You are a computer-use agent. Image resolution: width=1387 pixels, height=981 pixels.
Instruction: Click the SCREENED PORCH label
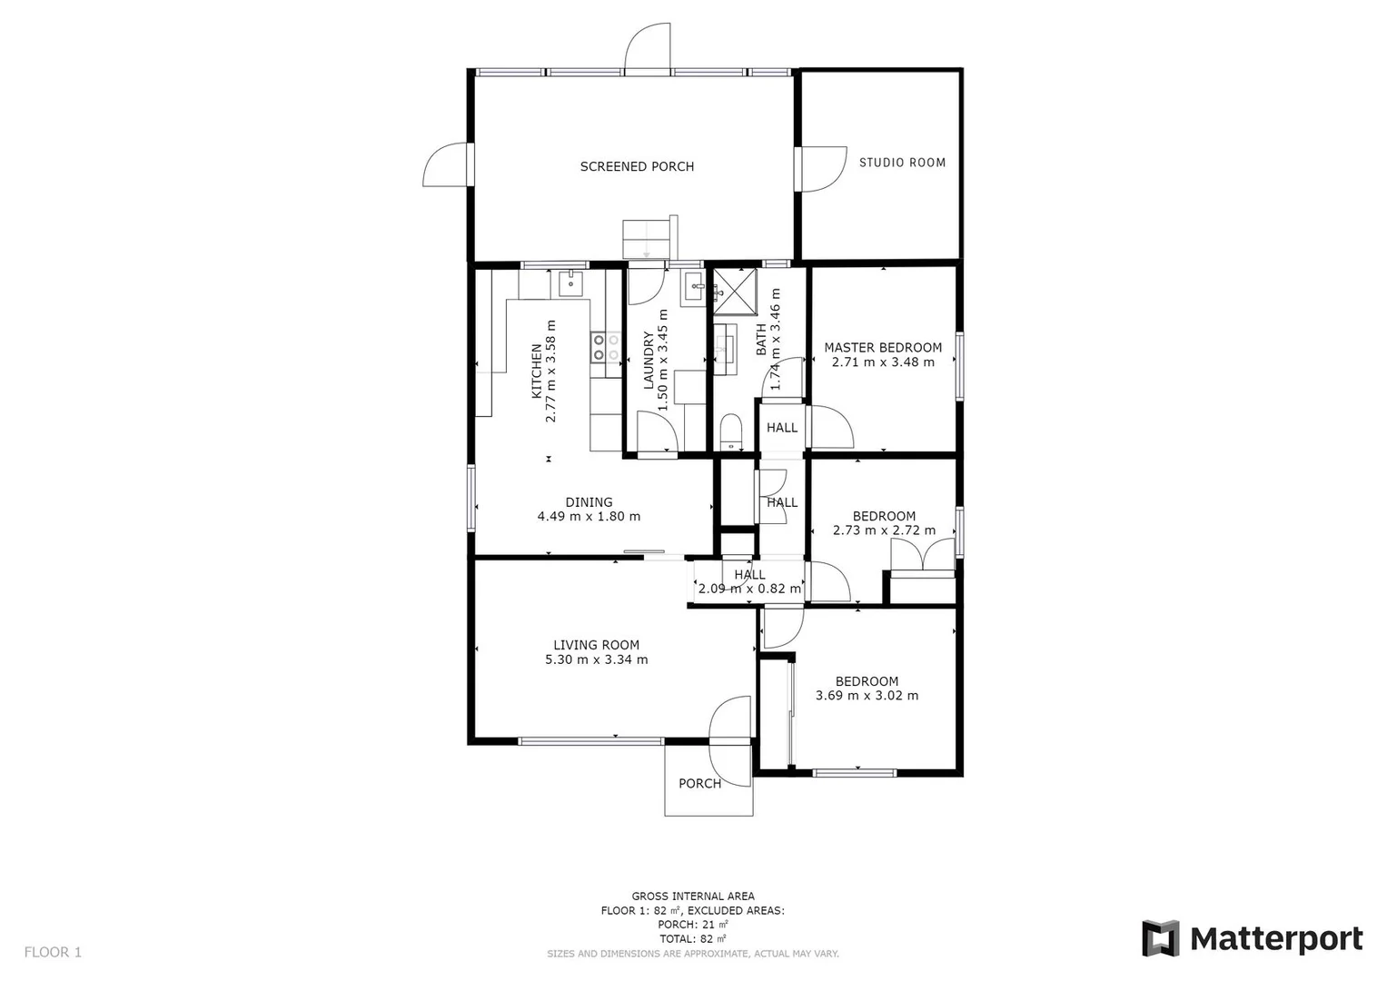point(637,166)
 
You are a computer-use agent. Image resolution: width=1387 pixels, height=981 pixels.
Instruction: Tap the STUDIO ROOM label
point(902,163)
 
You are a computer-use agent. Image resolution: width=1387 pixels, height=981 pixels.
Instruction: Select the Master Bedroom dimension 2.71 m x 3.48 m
point(883,362)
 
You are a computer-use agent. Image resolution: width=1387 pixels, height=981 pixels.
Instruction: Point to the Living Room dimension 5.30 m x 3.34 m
point(596,659)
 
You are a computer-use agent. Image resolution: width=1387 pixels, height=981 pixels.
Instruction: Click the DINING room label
point(589,502)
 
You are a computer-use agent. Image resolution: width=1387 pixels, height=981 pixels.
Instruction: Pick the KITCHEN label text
point(537,371)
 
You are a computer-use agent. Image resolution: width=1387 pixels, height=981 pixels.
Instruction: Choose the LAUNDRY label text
point(649,361)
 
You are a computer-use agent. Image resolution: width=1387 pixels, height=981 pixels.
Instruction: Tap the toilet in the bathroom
point(731,431)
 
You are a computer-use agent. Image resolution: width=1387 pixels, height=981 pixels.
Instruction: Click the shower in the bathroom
point(736,291)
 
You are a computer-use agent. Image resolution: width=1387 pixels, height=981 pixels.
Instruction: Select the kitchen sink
point(570,282)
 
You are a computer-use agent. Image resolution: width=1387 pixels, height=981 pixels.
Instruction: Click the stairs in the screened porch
point(646,239)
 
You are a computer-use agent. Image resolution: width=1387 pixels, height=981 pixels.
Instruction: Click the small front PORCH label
point(699,783)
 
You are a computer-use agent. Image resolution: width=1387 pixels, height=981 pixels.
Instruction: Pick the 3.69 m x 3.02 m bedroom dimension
point(867,696)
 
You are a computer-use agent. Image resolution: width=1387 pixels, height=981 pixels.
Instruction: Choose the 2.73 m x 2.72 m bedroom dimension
point(883,530)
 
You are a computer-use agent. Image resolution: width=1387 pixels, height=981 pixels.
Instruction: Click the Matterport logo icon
point(1160,938)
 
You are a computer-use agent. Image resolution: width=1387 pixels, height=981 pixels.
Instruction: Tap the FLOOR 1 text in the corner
point(53,952)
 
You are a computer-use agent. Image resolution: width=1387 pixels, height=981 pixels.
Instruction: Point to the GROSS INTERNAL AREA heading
point(693,896)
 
